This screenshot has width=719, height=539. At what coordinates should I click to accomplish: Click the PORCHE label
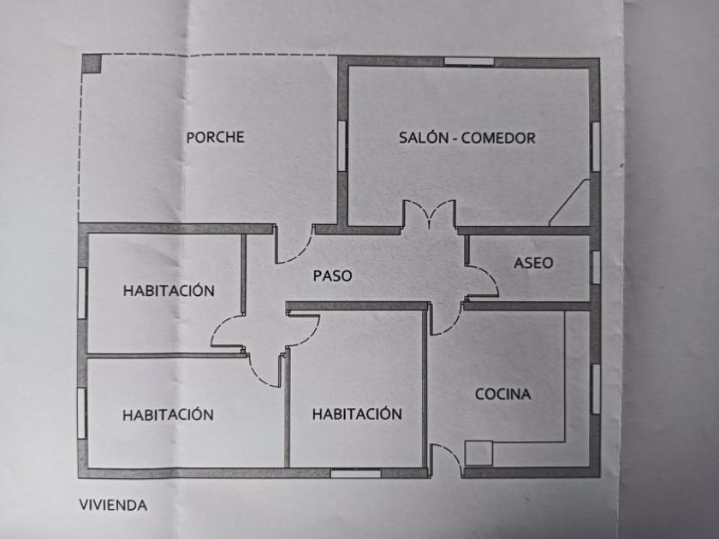(215, 137)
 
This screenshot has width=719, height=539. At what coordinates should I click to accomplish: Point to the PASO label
(332, 275)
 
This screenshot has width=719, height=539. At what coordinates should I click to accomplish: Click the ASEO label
(533, 263)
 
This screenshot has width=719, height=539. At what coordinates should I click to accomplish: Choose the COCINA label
(503, 394)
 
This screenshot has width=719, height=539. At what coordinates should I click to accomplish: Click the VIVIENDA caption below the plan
(113, 505)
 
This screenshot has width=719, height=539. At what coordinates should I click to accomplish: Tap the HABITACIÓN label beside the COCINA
(357, 414)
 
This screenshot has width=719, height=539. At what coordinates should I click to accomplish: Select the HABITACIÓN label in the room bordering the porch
(169, 290)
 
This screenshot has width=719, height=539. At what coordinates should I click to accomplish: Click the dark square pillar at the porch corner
(92, 63)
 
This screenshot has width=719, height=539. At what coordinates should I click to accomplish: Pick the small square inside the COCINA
(478, 453)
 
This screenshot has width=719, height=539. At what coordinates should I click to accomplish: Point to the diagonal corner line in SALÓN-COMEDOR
(569, 203)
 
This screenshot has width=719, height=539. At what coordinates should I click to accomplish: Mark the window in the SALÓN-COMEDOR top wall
(468, 62)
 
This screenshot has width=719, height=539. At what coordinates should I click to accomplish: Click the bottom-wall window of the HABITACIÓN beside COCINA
(355, 472)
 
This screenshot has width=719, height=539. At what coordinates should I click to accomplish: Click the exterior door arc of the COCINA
(446, 460)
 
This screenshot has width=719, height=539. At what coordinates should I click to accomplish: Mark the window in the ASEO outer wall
(595, 266)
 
